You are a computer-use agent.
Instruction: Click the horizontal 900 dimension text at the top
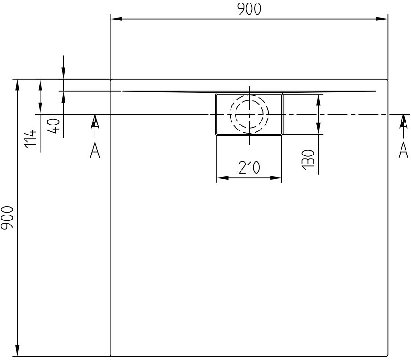click(x=249, y=9)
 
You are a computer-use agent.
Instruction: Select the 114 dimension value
click(x=30, y=139)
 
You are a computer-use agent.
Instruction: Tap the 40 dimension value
click(x=54, y=125)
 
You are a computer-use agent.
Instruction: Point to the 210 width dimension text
click(x=249, y=168)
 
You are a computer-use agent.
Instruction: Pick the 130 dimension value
click(x=308, y=159)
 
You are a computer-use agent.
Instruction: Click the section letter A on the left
click(x=95, y=150)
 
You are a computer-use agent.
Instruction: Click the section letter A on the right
click(x=403, y=150)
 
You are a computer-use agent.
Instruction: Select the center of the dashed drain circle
click(x=249, y=114)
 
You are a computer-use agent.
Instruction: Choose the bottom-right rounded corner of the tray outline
click(x=386, y=355)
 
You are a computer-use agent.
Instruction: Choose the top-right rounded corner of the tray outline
click(x=386, y=80)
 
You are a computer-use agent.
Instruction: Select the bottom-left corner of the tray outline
click(x=112, y=355)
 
